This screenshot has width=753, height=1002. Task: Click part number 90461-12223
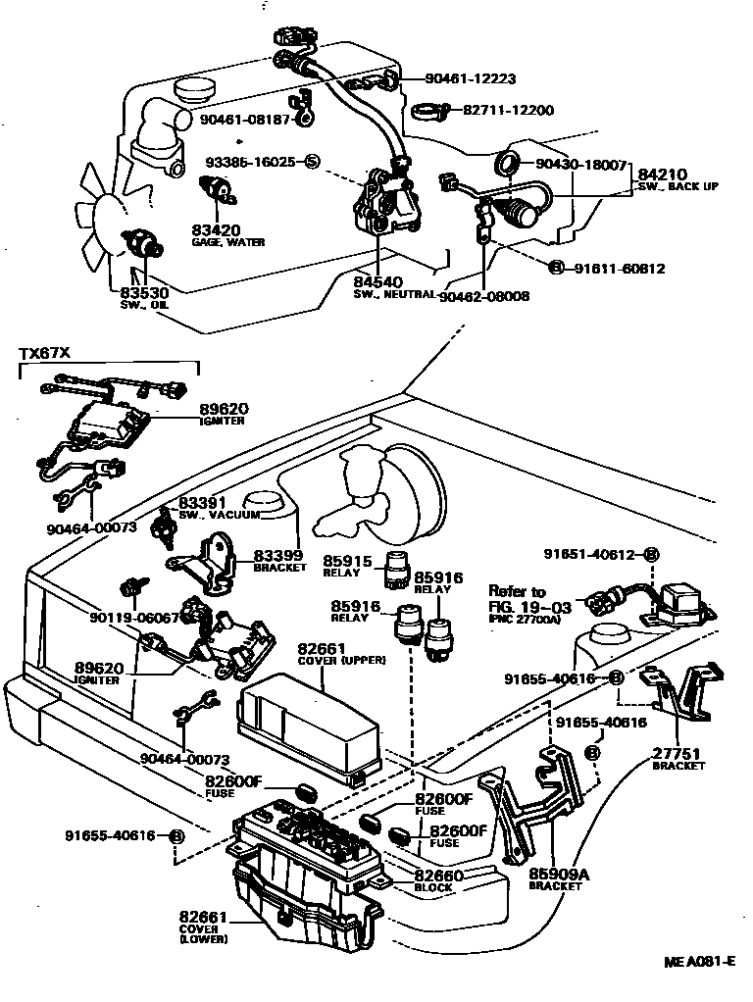[x=470, y=78]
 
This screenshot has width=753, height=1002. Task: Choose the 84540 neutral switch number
[x=377, y=283]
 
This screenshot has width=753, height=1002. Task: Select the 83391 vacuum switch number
[x=203, y=503]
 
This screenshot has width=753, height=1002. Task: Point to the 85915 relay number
[x=347, y=561]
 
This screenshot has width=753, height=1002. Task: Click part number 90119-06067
[x=133, y=618]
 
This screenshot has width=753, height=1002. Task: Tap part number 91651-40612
[x=590, y=554]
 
